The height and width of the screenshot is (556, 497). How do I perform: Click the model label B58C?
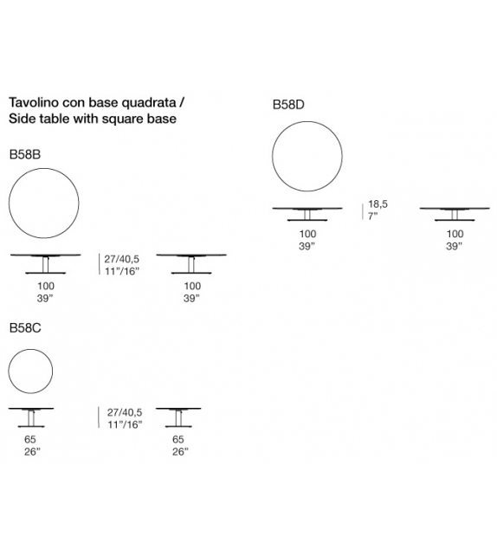(x=25, y=328)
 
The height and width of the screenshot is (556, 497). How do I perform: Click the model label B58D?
(x=288, y=104)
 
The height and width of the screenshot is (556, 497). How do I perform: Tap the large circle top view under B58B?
(x=43, y=205)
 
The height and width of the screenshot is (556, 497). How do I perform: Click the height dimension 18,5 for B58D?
(x=378, y=204)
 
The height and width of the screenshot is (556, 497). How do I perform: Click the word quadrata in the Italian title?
(x=147, y=101)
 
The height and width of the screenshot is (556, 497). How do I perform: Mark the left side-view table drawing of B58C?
(x=31, y=418)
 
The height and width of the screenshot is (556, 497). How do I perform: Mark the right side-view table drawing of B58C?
(x=179, y=418)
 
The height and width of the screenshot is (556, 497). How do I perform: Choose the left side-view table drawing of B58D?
(x=307, y=214)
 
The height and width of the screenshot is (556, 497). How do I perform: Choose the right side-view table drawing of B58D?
(x=455, y=214)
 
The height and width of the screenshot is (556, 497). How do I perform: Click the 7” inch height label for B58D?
(x=373, y=217)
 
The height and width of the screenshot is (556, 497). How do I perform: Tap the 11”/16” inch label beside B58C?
(x=123, y=424)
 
